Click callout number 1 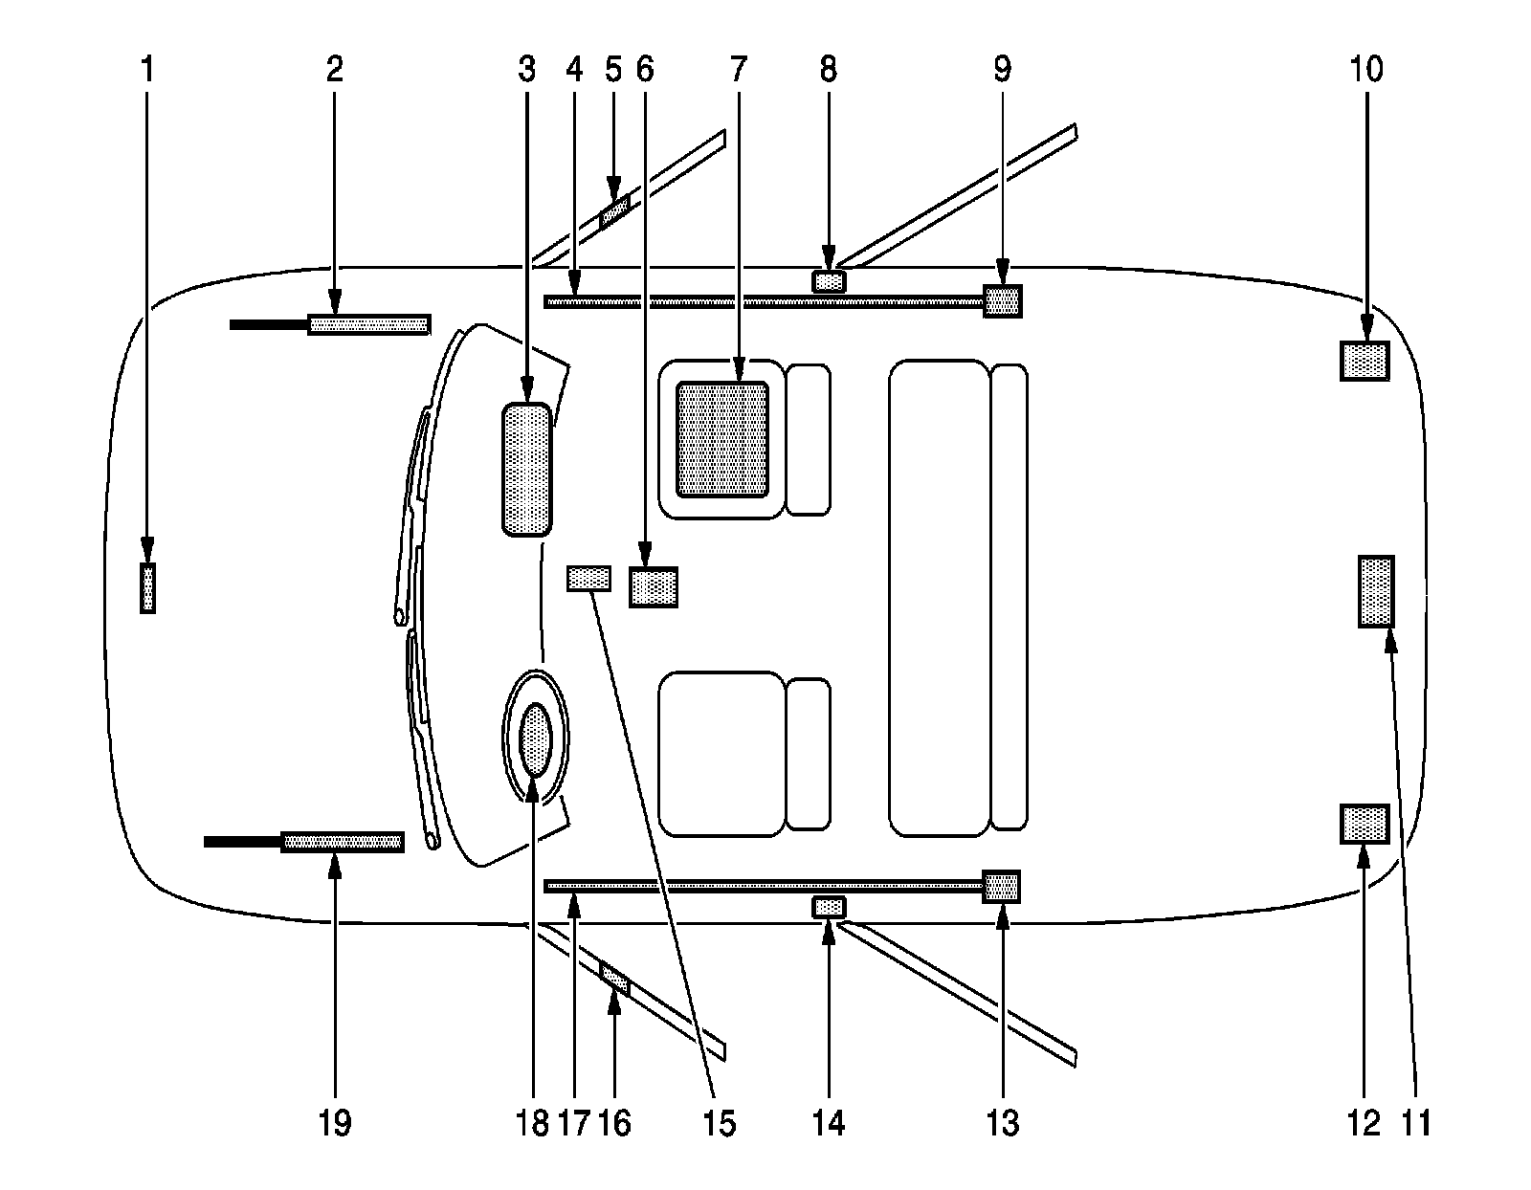146,70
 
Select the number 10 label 1366,70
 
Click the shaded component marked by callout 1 147,587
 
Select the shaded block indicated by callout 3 526,469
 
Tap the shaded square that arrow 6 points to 653,586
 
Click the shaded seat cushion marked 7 722,439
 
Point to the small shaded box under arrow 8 829,281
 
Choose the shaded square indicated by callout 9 1003,300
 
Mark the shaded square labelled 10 1365,361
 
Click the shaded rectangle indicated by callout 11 1376,591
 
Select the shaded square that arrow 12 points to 1365,824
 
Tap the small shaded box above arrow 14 829,906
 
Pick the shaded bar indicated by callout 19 342,842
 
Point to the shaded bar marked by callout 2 367,324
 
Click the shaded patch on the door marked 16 614,978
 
